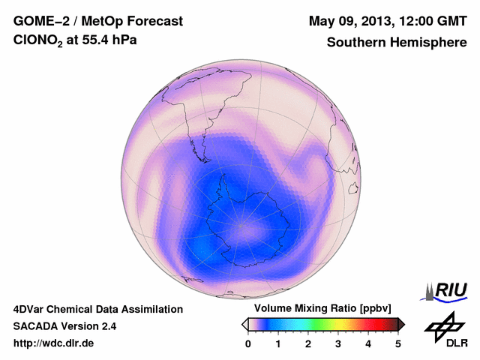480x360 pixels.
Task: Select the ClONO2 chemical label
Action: tap(42, 43)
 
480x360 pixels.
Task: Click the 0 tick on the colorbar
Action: tap(248, 343)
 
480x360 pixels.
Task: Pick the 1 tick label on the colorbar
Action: tap(278, 343)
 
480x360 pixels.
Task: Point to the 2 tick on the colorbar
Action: tap(308, 343)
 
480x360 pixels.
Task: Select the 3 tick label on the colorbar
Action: tap(338, 343)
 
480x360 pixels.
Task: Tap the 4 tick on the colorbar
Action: tap(368, 343)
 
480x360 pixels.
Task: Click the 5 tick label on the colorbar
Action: tap(398, 343)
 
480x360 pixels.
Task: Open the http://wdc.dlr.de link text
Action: tap(54, 343)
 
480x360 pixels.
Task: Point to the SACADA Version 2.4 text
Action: tap(64, 326)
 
